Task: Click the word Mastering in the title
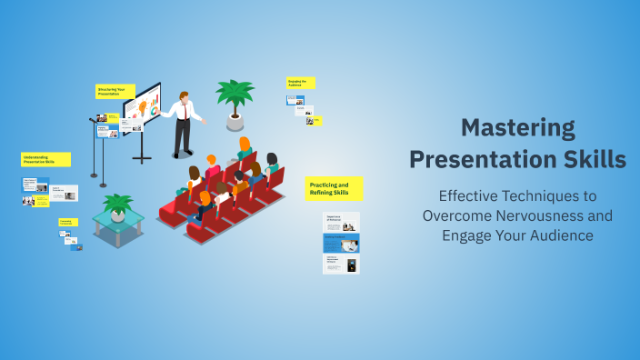(x=517, y=128)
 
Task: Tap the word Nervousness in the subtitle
(x=568, y=215)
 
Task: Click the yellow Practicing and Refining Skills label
(x=334, y=188)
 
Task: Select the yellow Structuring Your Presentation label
(x=115, y=91)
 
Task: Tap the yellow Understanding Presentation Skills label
(x=45, y=159)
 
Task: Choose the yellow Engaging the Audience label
(x=300, y=83)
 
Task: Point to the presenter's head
(x=185, y=96)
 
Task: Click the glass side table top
(x=117, y=220)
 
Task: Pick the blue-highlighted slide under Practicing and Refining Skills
(x=341, y=242)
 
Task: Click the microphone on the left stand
(x=94, y=118)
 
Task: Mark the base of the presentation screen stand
(x=142, y=159)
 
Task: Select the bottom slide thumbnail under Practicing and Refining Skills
(x=341, y=264)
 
